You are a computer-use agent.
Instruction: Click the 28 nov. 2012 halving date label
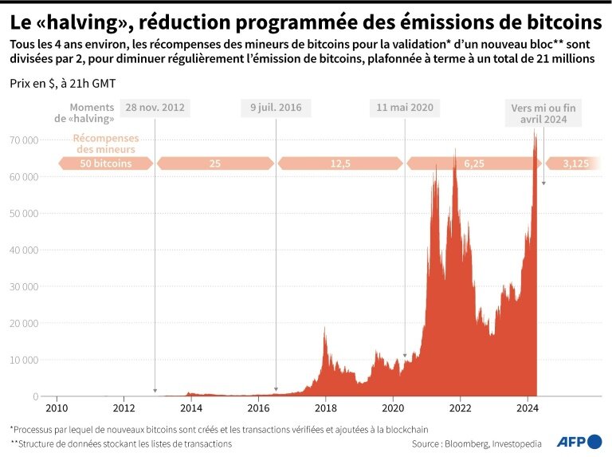155,108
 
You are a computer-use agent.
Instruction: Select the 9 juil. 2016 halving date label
276,108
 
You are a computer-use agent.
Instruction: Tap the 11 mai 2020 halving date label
405,108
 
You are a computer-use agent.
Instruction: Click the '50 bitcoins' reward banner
106,163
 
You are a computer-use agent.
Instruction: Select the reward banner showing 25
214,163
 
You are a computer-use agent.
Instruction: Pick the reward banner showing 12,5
340,163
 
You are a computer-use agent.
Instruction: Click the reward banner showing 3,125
575,163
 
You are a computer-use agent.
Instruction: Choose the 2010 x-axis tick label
56,408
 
